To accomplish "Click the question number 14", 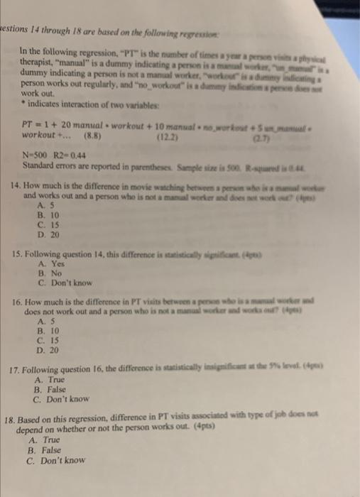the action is click(28, 184).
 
